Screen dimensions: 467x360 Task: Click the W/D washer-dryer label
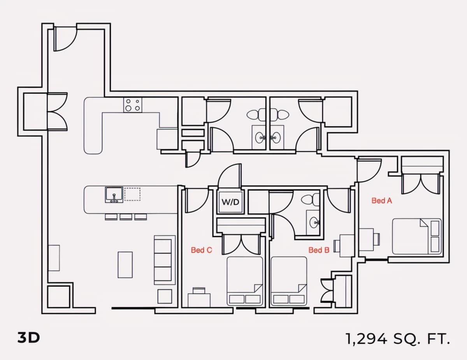point(230,202)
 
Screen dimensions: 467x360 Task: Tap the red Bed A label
point(382,201)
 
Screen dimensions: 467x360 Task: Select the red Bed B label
point(319,250)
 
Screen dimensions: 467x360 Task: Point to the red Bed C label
point(201,250)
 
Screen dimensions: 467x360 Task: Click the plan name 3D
point(28,338)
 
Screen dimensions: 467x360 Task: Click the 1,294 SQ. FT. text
point(398,339)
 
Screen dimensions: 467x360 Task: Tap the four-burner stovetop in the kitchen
point(133,105)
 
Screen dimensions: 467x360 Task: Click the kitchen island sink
point(114,195)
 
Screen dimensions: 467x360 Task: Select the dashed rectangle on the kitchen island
point(132,194)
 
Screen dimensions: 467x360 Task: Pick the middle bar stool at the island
point(126,217)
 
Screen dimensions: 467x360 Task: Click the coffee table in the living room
point(125,265)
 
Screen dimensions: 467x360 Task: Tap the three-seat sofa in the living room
point(165,260)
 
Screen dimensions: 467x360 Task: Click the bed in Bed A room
point(417,236)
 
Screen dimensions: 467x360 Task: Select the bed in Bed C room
point(245,281)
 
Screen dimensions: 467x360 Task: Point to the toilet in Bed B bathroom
point(310,200)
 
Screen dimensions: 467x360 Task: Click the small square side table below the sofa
point(165,297)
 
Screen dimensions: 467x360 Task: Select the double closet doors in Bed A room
point(420,184)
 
